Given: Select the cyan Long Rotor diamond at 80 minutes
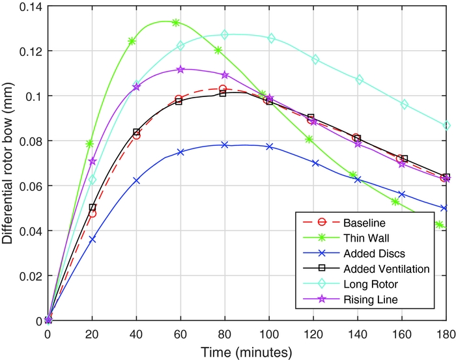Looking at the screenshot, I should click(x=225, y=35).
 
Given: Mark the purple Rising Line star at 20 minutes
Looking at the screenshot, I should click(x=93, y=161).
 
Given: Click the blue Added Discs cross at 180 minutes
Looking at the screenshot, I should click(x=444, y=208).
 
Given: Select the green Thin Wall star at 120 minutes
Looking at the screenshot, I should click(x=309, y=139).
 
